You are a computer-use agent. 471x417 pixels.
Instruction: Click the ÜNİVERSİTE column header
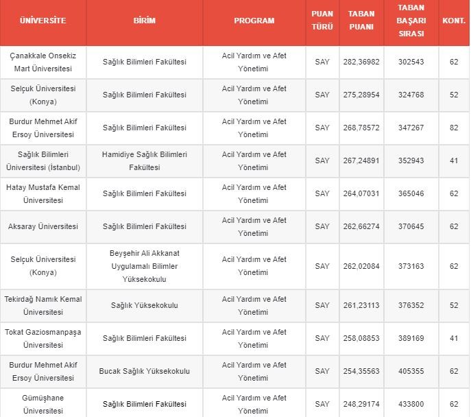click(43, 21)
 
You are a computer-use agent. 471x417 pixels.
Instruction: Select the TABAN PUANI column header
click(361, 21)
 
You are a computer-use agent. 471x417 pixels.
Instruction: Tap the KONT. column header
click(454, 21)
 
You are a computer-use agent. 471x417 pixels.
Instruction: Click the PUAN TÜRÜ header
click(322, 21)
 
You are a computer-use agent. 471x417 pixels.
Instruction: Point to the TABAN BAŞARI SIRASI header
click(411, 21)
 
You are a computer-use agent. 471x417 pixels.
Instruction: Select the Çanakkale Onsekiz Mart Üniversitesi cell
click(43, 62)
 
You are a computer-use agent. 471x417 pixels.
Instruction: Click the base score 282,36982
click(361, 62)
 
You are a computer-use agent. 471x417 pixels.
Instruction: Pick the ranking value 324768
click(411, 95)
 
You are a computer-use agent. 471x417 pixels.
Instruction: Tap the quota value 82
click(454, 128)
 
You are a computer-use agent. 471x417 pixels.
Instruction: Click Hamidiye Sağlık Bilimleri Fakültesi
click(144, 160)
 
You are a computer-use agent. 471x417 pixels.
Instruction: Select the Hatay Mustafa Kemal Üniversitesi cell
click(43, 193)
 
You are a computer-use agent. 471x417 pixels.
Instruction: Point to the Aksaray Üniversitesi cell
click(43, 226)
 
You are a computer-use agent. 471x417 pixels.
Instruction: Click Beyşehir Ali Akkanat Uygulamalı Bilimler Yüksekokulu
click(144, 266)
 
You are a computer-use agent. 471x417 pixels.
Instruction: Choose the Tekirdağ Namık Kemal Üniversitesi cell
click(43, 305)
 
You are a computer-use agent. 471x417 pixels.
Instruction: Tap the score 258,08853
click(361, 338)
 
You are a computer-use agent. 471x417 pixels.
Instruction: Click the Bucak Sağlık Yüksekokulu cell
click(144, 371)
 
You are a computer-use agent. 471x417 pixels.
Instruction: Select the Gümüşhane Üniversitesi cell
click(43, 404)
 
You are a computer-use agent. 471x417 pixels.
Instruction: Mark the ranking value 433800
click(411, 404)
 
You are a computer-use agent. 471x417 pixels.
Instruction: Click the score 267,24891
click(361, 160)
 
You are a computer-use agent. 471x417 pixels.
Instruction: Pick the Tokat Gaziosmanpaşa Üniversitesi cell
click(43, 338)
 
